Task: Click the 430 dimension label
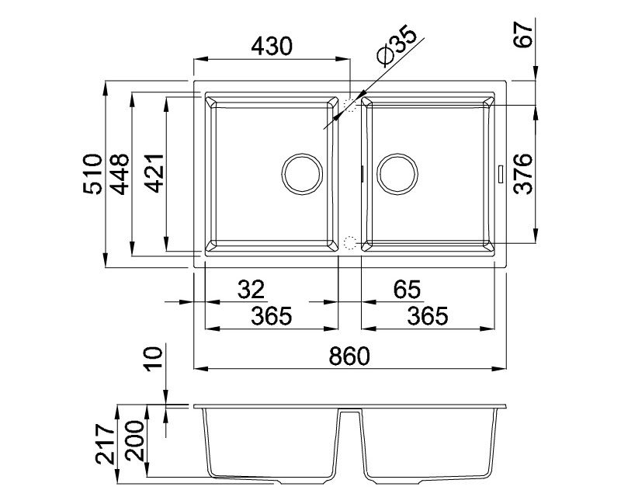(272, 46)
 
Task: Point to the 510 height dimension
(93, 173)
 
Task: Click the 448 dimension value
(120, 174)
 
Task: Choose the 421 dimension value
(154, 173)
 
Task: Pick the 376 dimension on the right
(522, 173)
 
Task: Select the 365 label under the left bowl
(272, 316)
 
